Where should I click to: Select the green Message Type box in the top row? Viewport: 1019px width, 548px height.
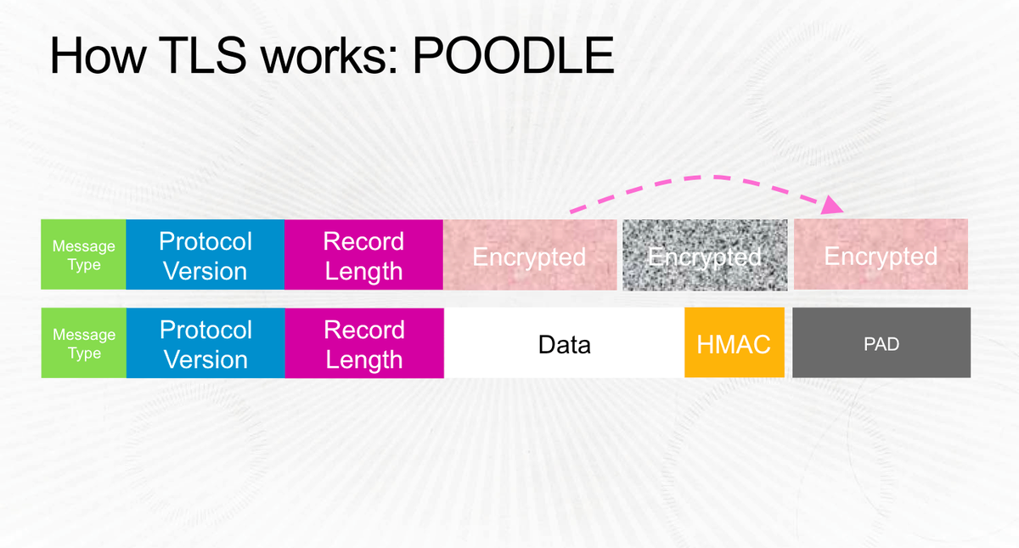(83, 255)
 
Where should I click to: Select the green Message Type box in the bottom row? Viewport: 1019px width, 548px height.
(83, 343)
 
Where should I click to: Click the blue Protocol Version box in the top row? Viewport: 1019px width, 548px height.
(205, 255)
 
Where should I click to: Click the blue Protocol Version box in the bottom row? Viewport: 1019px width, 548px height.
(205, 343)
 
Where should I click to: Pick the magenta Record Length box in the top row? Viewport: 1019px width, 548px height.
(363, 255)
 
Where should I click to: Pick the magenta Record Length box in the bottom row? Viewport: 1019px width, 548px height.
(363, 343)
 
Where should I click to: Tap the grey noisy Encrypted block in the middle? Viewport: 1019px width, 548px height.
(704, 255)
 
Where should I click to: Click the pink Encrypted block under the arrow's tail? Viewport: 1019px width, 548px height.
(530, 255)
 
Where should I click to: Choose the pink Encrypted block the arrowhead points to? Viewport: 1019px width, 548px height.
(881, 255)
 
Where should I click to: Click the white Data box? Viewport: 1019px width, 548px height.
(564, 343)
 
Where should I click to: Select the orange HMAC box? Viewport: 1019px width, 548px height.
(734, 343)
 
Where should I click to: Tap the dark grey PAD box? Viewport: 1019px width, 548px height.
(881, 343)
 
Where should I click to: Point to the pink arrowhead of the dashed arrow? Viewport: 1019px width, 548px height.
(835, 204)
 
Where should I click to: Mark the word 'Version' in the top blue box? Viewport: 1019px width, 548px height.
(205, 271)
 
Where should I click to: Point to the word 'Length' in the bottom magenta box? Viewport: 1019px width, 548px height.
(363, 359)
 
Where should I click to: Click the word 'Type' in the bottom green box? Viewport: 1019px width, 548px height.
(83, 353)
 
